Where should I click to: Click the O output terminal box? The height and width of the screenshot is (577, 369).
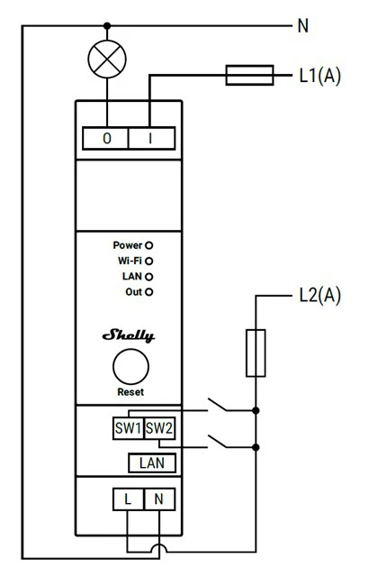tap(105, 138)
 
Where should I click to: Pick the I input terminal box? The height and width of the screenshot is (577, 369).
tap(151, 138)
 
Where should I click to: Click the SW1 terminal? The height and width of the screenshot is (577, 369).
tap(128, 428)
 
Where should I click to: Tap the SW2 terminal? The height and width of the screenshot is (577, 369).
tap(159, 428)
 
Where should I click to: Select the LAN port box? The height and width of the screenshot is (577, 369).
tap(152, 463)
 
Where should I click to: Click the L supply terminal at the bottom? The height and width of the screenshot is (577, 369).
tap(128, 499)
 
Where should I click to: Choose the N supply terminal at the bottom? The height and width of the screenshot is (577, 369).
tap(159, 499)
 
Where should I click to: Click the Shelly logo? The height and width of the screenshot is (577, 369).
tap(129, 335)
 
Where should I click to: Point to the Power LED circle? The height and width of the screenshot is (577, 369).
tap(148, 245)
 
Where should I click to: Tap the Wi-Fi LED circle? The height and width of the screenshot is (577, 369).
tap(148, 261)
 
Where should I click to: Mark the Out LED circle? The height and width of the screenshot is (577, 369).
tap(148, 292)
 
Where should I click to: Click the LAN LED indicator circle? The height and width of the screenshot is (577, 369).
tap(148, 277)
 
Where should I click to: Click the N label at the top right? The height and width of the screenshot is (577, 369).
tap(303, 26)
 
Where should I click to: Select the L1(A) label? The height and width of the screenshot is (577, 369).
tap(320, 76)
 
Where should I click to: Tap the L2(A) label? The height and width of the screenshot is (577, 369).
tap(320, 295)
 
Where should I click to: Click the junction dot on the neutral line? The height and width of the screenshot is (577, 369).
tap(107, 26)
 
